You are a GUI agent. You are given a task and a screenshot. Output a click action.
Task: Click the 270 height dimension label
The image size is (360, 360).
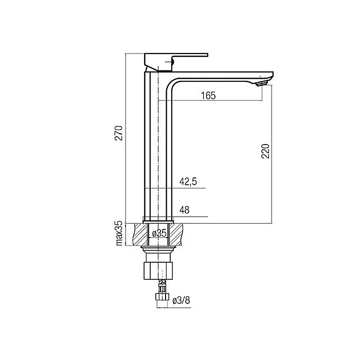119,133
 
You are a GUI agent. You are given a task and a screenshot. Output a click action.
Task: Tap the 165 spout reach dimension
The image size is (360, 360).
208,96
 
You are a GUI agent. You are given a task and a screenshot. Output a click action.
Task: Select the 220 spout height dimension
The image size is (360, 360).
265,151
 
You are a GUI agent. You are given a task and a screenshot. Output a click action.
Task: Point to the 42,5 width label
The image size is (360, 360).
188,182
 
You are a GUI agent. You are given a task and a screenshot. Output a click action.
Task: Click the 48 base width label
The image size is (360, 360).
184,210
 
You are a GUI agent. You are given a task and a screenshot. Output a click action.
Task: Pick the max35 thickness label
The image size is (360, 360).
119,233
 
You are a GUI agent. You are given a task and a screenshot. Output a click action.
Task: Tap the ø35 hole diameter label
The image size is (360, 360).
159,233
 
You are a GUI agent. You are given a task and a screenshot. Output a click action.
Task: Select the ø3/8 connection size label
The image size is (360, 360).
182,300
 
